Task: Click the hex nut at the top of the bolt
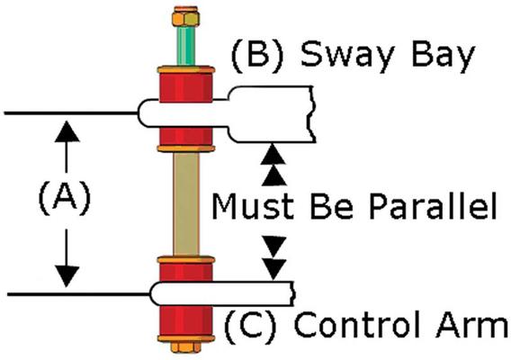pyautogui.click(x=185, y=16)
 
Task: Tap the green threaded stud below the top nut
pyautogui.click(x=185, y=46)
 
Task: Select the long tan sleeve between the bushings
pyautogui.click(x=186, y=204)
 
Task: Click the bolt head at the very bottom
pyautogui.click(x=185, y=347)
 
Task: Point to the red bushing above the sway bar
pyautogui.click(x=185, y=87)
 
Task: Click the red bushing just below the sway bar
pyautogui.click(x=185, y=137)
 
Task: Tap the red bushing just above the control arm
pyautogui.click(x=185, y=272)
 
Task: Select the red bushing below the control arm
pyautogui.click(x=185, y=320)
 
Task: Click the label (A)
pyautogui.click(x=65, y=197)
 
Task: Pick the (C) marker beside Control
pyautogui.click(x=251, y=325)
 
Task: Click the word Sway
pyautogui.click(x=346, y=56)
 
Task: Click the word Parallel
pyautogui.click(x=433, y=207)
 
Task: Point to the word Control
pyautogui.click(x=357, y=324)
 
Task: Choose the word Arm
pyautogui.click(x=472, y=324)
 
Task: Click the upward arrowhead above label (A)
pyautogui.click(x=67, y=131)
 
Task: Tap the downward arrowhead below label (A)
pyautogui.click(x=67, y=276)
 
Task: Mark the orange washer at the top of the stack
pyautogui.click(x=185, y=69)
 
